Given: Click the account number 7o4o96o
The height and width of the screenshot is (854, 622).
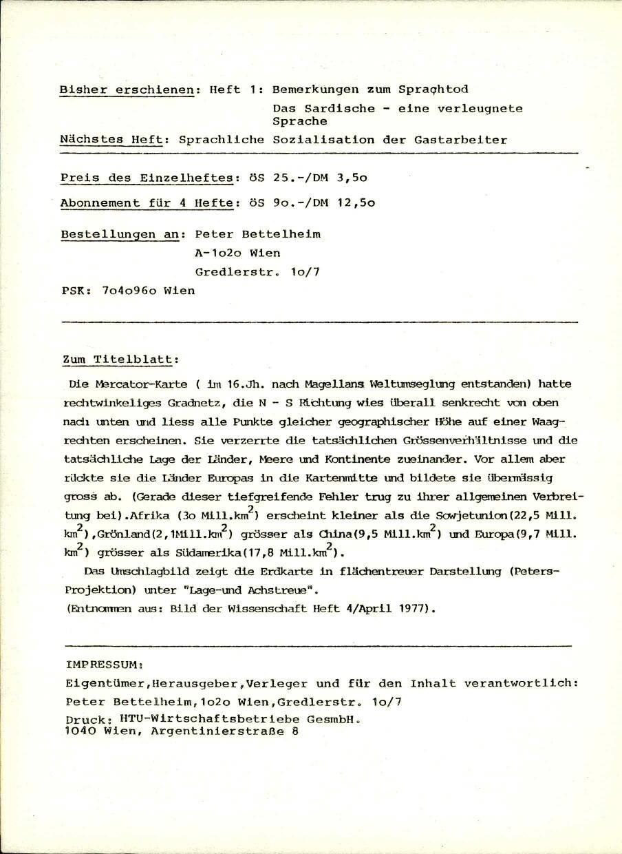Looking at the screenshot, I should (x=129, y=291).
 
